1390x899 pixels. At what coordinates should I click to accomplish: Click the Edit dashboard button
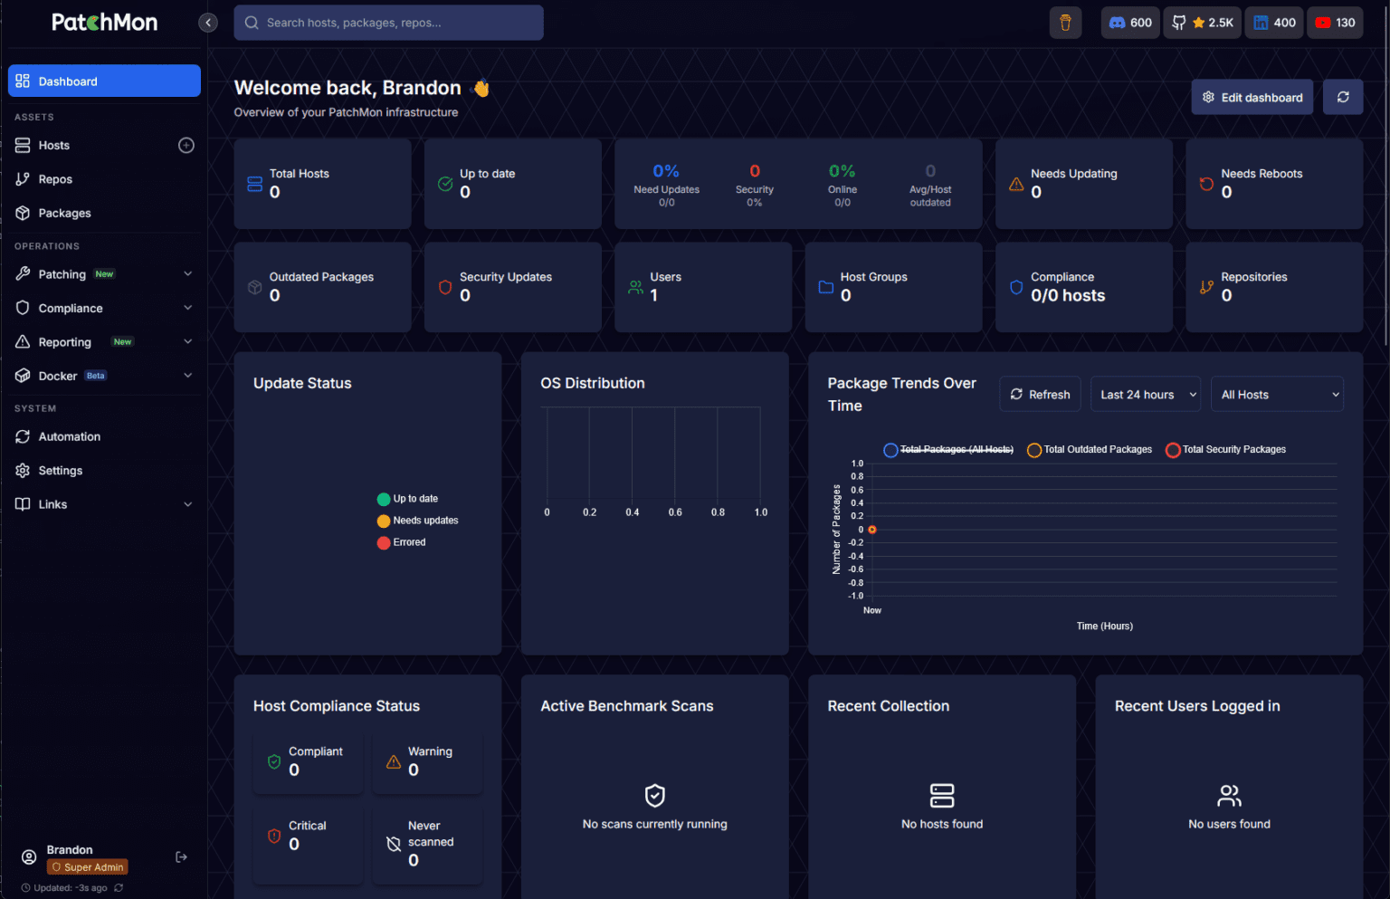(x=1252, y=97)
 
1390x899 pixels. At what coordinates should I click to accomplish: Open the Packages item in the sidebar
(x=64, y=213)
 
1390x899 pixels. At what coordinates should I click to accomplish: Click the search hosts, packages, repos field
(x=388, y=23)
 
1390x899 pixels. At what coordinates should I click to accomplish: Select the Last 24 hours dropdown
(x=1146, y=394)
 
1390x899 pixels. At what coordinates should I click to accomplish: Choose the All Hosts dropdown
(x=1277, y=394)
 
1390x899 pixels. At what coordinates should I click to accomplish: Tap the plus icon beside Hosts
(x=186, y=145)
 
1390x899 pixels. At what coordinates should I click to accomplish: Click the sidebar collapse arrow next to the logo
(x=208, y=23)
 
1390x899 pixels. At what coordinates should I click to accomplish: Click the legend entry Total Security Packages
(x=1225, y=449)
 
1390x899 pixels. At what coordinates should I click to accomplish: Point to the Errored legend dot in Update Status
(x=384, y=542)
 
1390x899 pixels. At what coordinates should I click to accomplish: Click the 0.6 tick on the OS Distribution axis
(x=675, y=512)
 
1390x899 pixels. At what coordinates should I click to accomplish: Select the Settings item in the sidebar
(x=61, y=471)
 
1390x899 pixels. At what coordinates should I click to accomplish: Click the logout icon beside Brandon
(x=181, y=857)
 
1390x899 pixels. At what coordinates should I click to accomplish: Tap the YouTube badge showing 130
(x=1335, y=23)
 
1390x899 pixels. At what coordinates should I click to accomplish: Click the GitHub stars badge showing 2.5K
(x=1202, y=23)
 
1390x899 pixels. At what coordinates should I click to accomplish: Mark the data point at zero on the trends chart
(x=872, y=530)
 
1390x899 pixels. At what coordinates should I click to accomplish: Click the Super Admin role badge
(x=88, y=867)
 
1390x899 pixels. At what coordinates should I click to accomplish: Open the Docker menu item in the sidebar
(x=58, y=376)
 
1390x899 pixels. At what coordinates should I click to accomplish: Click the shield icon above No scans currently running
(x=654, y=795)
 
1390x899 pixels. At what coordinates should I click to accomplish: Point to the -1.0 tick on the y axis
(x=856, y=596)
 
